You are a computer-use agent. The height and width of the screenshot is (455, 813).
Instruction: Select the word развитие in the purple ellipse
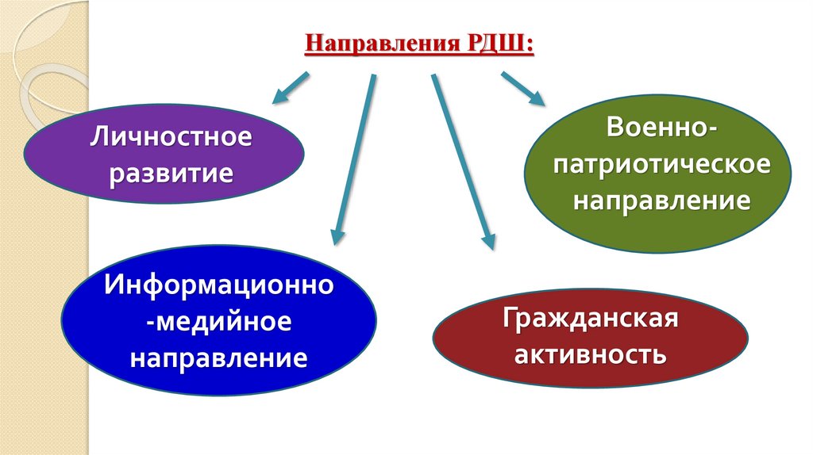click(x=172, y=171)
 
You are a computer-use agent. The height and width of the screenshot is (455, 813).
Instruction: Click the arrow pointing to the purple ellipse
click(x=291, y=88)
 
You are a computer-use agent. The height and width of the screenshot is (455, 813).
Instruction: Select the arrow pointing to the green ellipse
click(x=523, y=88)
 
